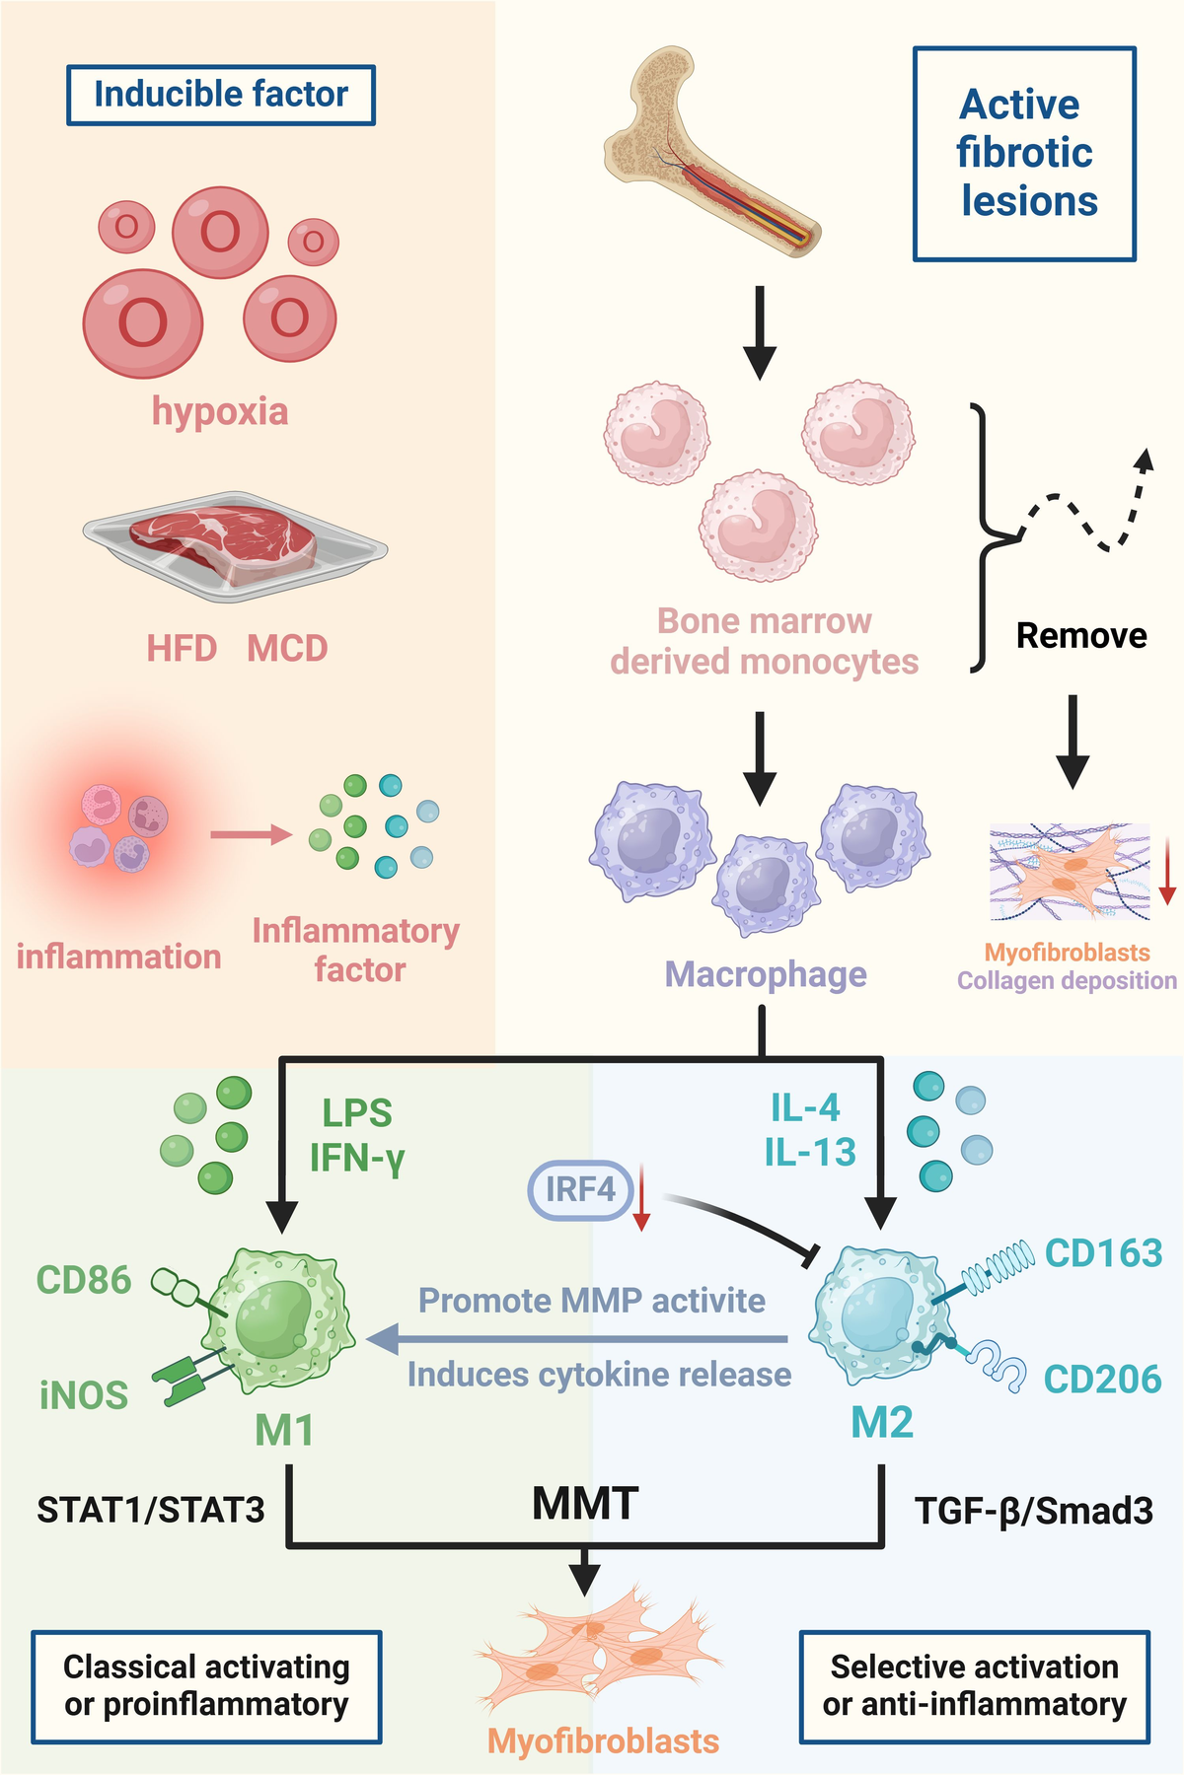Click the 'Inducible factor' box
pos(220,95)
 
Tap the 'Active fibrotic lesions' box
pos(1024,154)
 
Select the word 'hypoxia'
pos(219,410)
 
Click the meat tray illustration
pos(234,545)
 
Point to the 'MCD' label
pos(287,649)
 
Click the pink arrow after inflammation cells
pos(251,835)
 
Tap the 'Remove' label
pos(1081,636)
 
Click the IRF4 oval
pos(580,1189)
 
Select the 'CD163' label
pos(1103,1253)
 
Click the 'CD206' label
pos(1102,1380)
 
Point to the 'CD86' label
pos(84,1280)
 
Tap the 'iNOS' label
pos(84,1395)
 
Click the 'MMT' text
pos(585,1504)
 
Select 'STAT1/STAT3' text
pos(151,1510)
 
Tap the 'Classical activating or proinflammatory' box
pos(206,1685)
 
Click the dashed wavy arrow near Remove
pos(1085,508)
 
